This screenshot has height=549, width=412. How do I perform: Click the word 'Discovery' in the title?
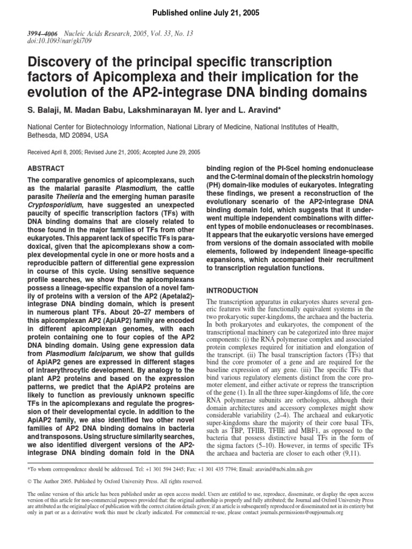coord(59,62)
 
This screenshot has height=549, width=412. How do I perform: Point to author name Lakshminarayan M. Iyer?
coord(173,111)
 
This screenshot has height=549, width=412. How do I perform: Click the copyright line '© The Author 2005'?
coord(51,481)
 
